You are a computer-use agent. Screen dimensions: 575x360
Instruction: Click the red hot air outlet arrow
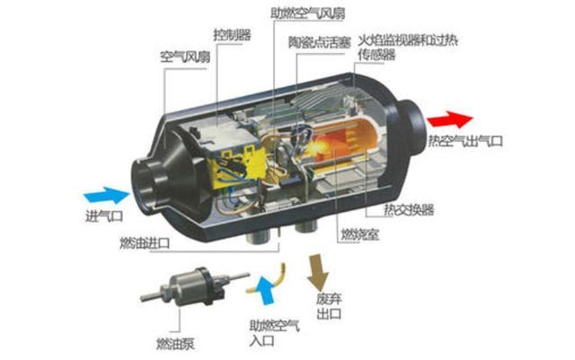[450, 119]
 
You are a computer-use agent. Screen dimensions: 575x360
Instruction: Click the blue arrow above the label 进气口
[107, 195]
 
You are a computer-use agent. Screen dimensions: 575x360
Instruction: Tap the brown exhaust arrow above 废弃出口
[318, 271]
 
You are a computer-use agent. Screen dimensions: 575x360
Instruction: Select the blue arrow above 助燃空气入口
[266, 291]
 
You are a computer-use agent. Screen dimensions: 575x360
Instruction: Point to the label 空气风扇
[185, 57]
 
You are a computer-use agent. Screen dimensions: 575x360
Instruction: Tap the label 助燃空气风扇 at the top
[307, 13]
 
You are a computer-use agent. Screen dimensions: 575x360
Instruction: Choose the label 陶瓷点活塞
[320, 42]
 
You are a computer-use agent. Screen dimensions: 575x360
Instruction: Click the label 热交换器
[409, 210]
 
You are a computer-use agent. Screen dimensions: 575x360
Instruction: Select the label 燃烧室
[360, 234]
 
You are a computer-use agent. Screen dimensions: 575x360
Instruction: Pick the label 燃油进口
[145, 243]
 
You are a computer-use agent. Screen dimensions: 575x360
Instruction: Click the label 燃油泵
[175, 344]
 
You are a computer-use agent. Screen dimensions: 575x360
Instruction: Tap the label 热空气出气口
[465, 141]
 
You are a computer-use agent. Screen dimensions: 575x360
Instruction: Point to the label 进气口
[104, 216]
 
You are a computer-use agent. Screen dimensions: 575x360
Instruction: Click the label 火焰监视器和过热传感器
[408, 48]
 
